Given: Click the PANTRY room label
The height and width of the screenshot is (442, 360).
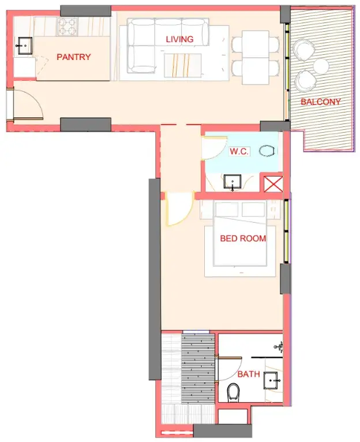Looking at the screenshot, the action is click(74, 57).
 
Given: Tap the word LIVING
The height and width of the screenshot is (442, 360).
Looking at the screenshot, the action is click(179, 39).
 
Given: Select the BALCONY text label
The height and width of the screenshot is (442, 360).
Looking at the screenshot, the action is click(321, 102).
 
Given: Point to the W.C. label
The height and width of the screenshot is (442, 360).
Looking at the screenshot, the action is click(239, 151).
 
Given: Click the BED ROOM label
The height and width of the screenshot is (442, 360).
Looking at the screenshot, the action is click(243, 238).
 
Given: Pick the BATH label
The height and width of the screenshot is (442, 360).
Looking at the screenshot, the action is click(249, 374).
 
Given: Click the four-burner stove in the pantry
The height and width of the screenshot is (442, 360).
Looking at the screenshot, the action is click(67, 27).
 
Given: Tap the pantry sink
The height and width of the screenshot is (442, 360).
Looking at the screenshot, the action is click(25, 46).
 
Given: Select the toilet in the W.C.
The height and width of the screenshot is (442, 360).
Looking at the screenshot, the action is click(267, 151).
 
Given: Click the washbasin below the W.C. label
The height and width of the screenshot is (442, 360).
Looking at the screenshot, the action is click(232, 182).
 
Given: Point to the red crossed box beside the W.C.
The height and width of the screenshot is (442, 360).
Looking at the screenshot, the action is click(273, 184).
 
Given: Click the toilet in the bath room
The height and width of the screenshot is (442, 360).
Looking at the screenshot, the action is click(233, 392).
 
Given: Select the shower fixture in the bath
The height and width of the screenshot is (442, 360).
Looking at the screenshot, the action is click(279, 347).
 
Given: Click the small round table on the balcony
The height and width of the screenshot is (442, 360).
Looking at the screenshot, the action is click(321, 66).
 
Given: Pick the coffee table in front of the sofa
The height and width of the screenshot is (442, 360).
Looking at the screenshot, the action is click(183, 65).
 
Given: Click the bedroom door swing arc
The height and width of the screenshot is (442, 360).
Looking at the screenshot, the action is click(186, 215).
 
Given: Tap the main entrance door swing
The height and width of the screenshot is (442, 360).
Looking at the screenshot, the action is click(37, 99).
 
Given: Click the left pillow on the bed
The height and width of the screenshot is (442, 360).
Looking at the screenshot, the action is click(226, 209).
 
